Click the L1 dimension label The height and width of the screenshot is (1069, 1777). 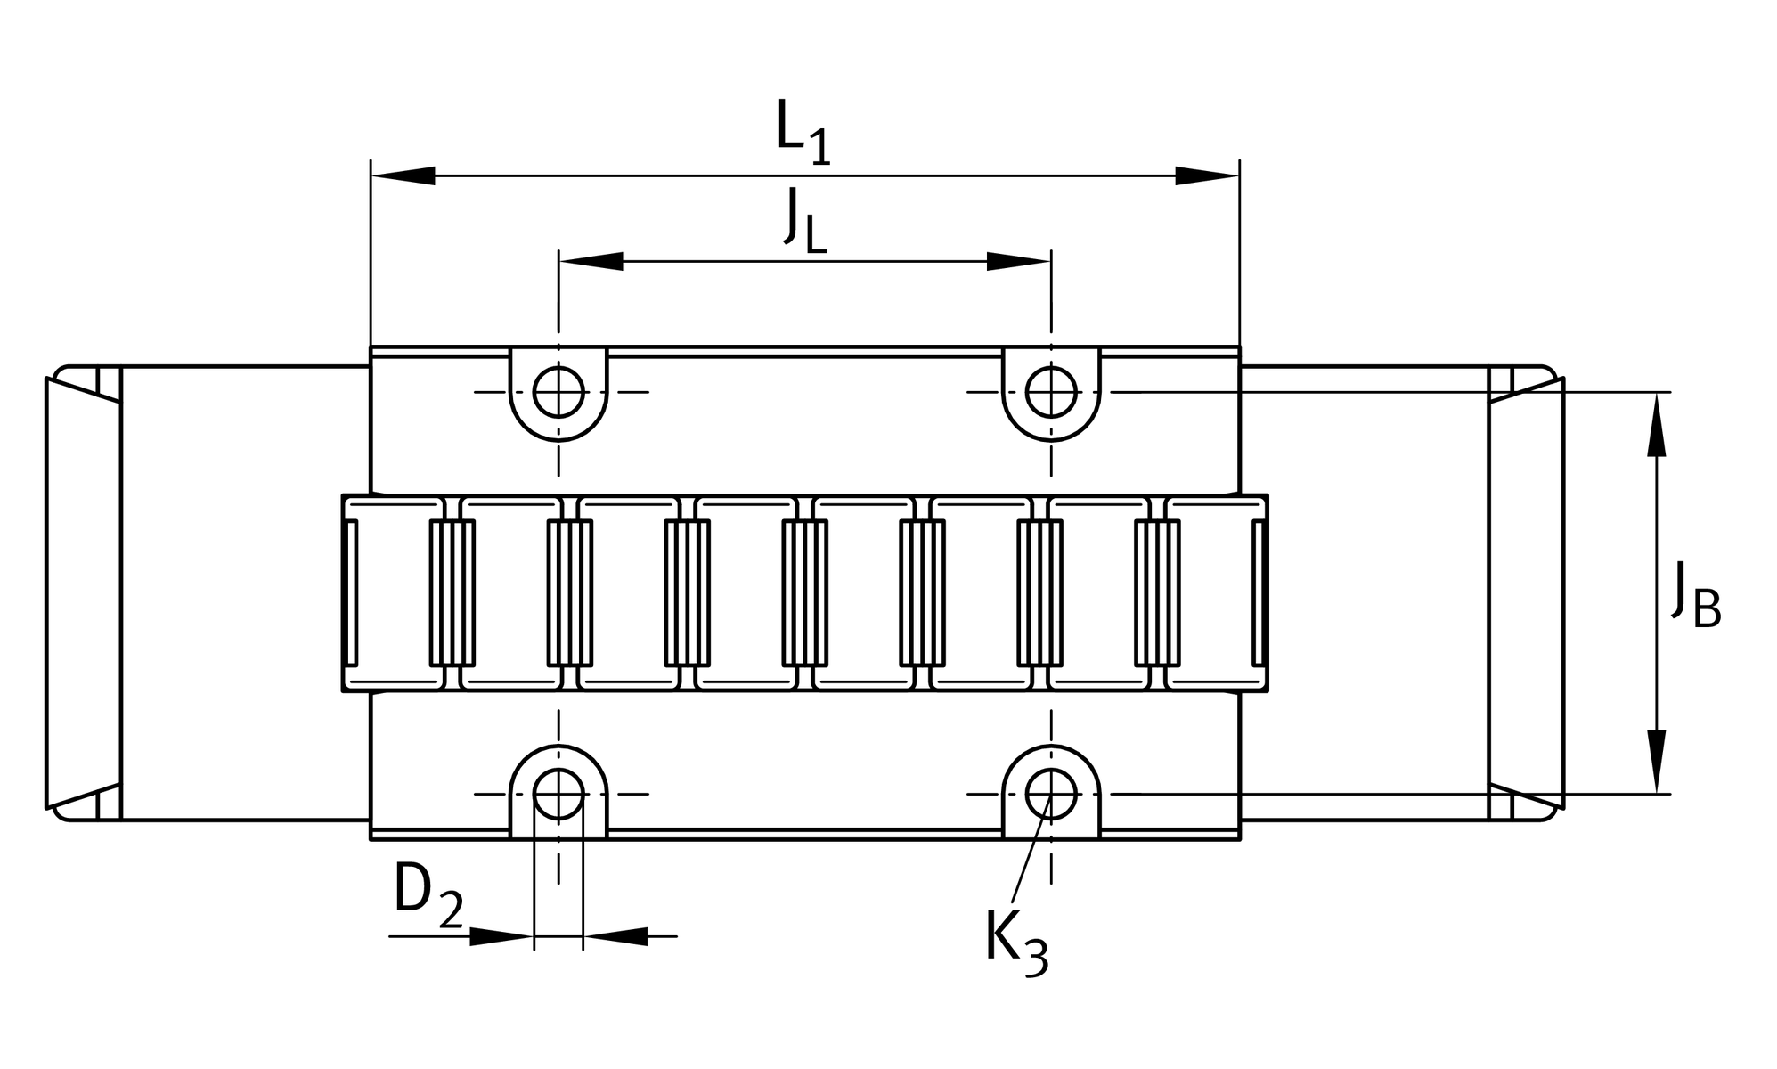[x=803, y=134]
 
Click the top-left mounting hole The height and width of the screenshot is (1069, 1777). [x=558, y=392]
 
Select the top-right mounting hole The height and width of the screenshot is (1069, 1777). [x=1051, y=392]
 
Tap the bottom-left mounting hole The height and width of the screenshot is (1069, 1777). [x=558, y=793]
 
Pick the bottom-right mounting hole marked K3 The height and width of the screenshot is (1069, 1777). [x=1051, y=793]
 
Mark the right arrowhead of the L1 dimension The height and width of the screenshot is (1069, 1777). [x=1207, y=175]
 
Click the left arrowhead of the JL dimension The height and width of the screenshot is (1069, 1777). [x=591, y=261]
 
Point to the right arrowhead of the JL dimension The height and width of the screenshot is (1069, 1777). [x=1019, y=261]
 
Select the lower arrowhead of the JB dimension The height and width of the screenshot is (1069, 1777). [x=1656, y=761]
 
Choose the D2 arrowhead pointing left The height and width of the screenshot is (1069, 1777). [x=615, y=936]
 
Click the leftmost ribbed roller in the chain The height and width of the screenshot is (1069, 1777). [x=452, y=592]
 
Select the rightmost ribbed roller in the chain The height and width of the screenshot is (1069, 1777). [x=1157, y=592]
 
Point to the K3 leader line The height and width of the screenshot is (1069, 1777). [x=1031, y=851]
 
